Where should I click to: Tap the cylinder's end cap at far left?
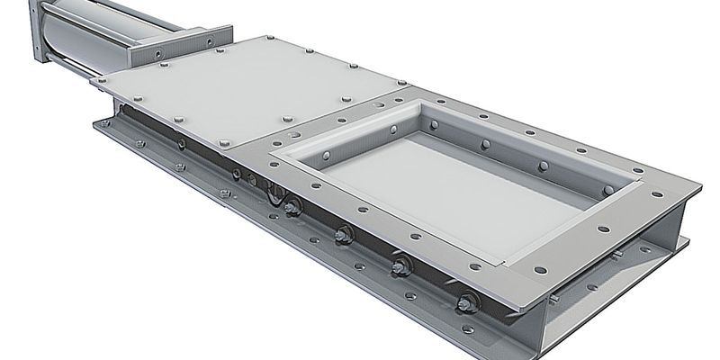pyautogui.click(x=38, y=32)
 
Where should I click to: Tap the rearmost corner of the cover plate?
pyautogui.click(x=253, y=39)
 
